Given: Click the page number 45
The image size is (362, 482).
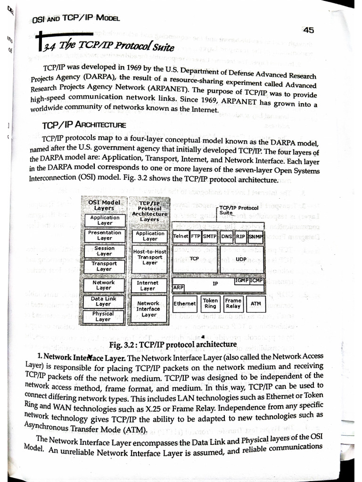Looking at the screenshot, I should coord(309,30).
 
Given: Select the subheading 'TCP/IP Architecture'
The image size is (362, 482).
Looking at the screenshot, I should coord(83,125).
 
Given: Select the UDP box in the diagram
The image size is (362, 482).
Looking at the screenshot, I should coord(241,259).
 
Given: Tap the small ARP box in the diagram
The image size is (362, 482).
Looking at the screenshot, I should coord(179,287).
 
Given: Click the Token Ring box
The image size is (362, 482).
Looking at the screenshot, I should coord(210,303).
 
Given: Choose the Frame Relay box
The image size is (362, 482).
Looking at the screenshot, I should coord(233,303).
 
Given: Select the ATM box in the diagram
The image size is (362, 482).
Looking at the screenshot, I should coord(255,304).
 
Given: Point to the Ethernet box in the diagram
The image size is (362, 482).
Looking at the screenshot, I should coord(184,304).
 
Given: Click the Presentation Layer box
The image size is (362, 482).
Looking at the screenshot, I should coord(105,235).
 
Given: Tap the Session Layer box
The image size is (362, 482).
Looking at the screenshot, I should coord(105,251).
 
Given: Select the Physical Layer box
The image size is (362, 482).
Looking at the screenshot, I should coord(103,316).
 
